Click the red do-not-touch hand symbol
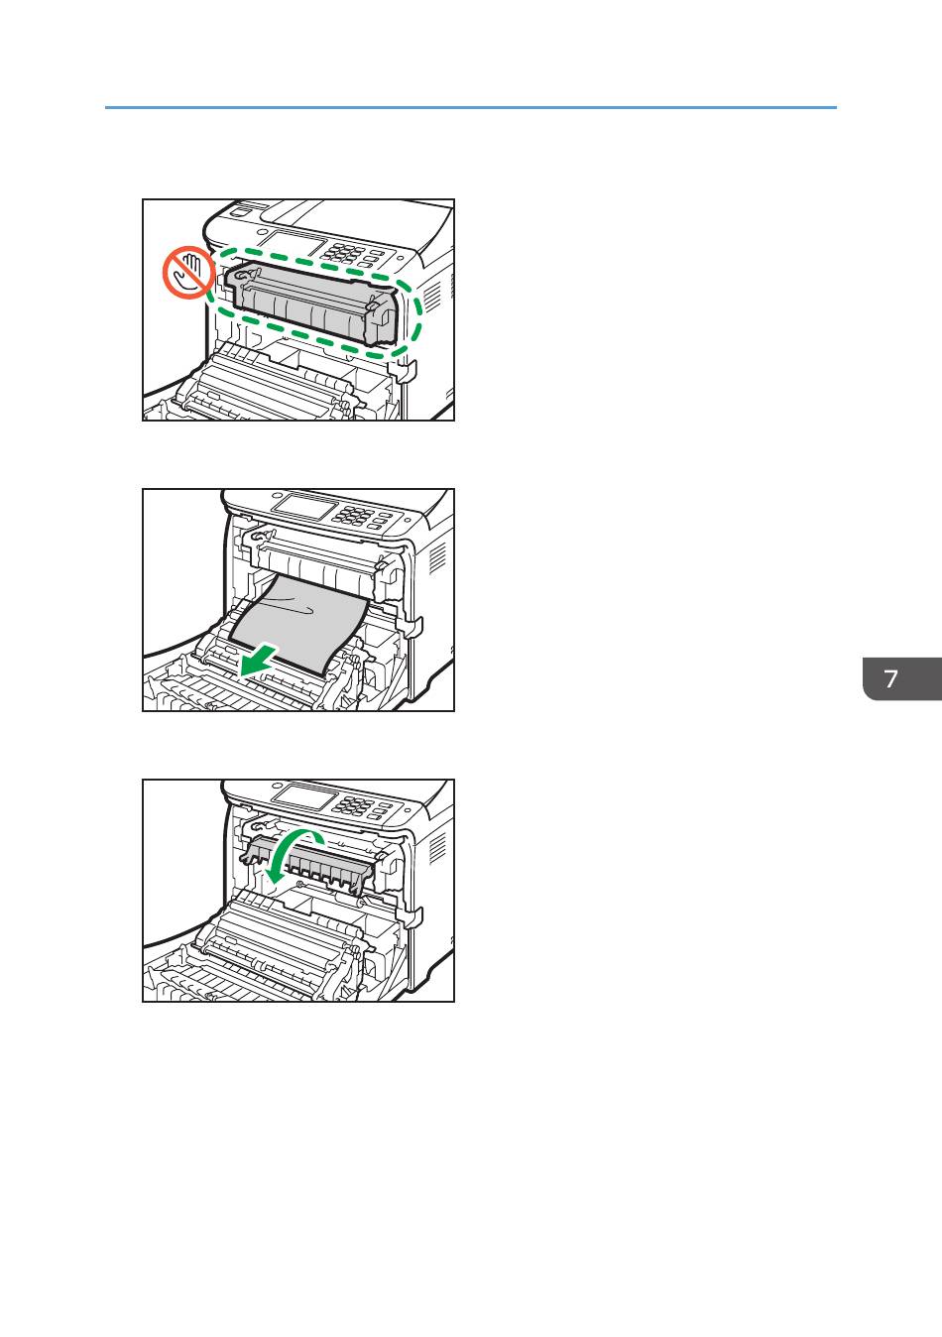click(188, 272)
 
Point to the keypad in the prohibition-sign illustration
click(353, 255)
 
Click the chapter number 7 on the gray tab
click(890, 678)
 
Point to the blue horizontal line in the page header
click(471, 107)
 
